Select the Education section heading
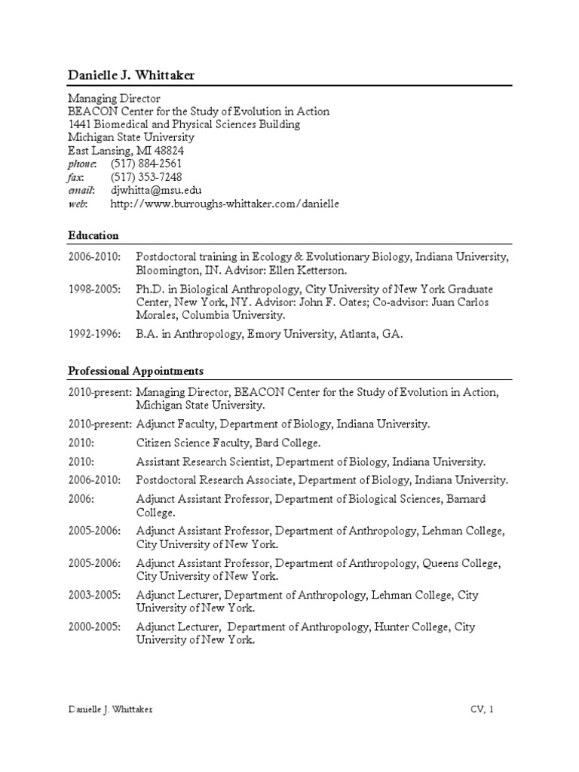point(93,235)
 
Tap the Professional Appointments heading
point(136,371)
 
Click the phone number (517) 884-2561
point(146,164)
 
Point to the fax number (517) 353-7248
point(146,177)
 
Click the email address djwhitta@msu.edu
point(156,191)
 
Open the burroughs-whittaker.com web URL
point(225,204)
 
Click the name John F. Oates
point(376,302)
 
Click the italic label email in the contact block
point(81,191)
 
